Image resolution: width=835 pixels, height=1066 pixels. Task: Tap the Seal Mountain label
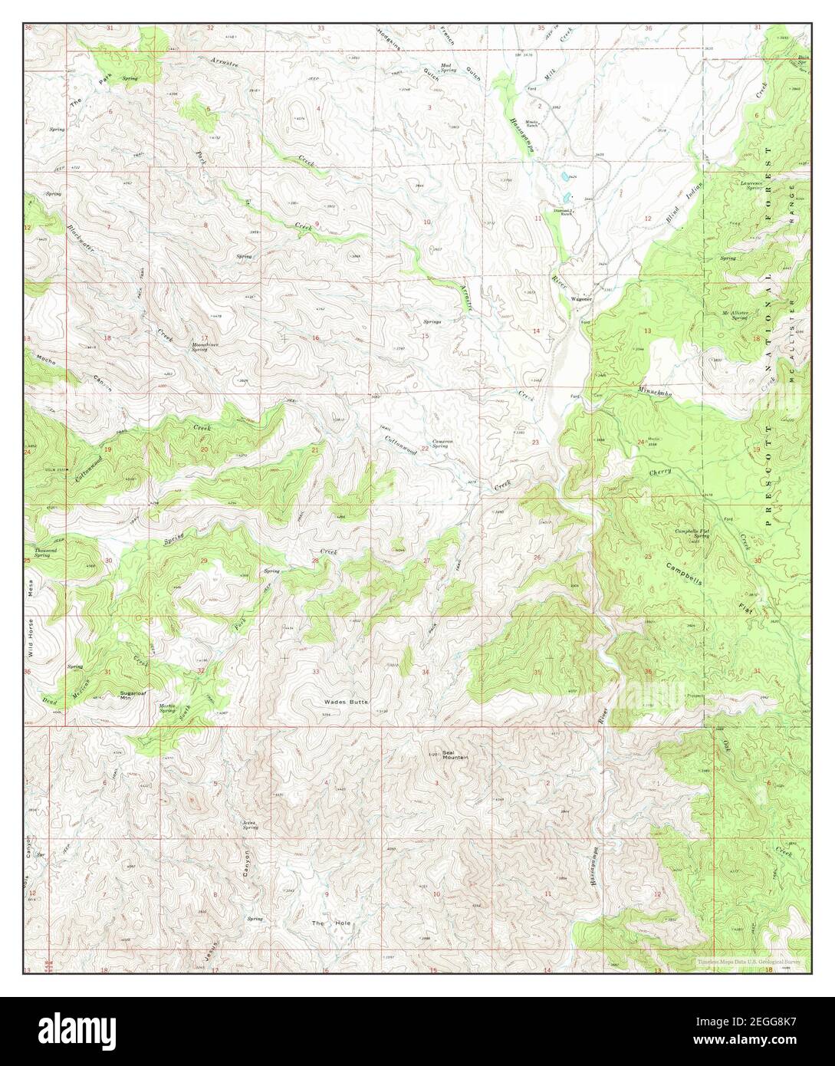[x=454, y=753]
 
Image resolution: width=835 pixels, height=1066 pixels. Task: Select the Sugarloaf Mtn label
[x=134, y=696]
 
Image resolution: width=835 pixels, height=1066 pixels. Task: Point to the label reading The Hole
[x=330, y=923]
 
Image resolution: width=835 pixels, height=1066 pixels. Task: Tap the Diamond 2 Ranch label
[x=564, y=212]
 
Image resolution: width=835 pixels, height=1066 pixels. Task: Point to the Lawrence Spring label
[x=749, y=184]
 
